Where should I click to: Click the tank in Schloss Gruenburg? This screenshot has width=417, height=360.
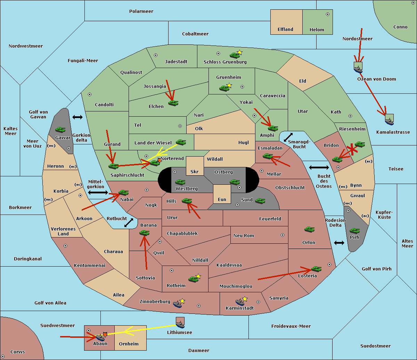tap(235, 55)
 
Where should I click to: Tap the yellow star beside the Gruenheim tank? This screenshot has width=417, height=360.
tap(229, 85)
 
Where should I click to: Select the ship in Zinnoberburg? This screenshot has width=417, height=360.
tap(178, 304)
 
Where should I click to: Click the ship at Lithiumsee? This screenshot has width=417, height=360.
tap(180, 325)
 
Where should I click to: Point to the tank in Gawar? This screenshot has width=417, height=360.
tap(60, 130)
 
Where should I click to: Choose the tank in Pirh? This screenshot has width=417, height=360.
tap(354, 231)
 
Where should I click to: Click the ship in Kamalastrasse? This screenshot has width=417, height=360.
tap(389, 122)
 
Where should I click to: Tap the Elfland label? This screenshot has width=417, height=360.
tap(285, 30)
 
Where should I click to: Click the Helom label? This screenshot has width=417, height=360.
tap(317, 30)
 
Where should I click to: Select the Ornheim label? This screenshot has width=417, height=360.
tap(129, 344)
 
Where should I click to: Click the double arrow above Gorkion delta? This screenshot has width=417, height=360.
tap(77, 117)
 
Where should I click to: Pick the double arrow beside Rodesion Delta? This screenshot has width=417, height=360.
tap(339, 243)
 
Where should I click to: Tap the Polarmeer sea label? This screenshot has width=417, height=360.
tap(141, 11)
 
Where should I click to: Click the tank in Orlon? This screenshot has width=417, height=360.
tap(309, 229)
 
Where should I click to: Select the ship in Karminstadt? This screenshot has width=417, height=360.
tap(240, 302)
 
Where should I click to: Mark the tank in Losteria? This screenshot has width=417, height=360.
tap(316, 269)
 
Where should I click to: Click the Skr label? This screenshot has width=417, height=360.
tap(195, 172)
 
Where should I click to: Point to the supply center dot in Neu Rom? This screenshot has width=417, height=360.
tap(283, 235)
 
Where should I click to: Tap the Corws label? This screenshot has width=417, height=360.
tap(18, 352)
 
